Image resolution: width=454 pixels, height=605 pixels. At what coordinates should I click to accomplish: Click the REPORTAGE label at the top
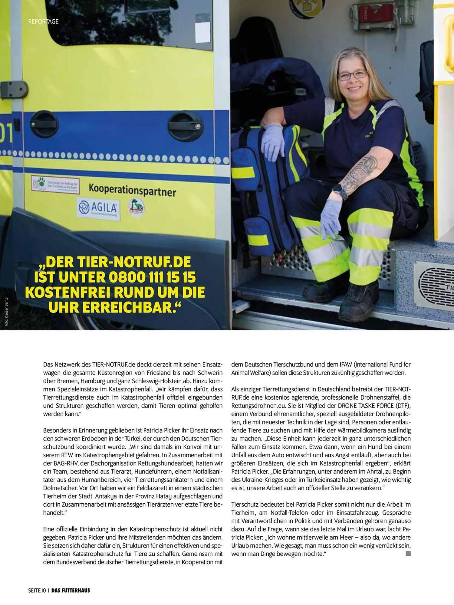tap(43, 21)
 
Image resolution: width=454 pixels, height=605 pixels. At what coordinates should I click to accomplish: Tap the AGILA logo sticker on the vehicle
tap(98, 209)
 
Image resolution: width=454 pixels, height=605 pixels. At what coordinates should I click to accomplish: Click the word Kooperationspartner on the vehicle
tap(132, 190)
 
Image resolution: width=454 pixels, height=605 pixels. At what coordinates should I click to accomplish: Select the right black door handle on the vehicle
tap(186, 126)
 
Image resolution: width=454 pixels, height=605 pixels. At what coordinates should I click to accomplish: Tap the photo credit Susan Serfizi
tap(6, 312)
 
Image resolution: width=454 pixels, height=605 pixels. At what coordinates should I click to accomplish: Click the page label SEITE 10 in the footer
tap(37, 590)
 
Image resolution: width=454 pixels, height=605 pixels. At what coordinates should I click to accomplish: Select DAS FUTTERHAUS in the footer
tap(71, 590)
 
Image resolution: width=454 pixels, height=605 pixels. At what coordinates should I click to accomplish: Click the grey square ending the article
tap(408, 554)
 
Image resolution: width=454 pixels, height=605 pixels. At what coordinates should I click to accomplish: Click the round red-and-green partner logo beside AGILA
tap(137, 207)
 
